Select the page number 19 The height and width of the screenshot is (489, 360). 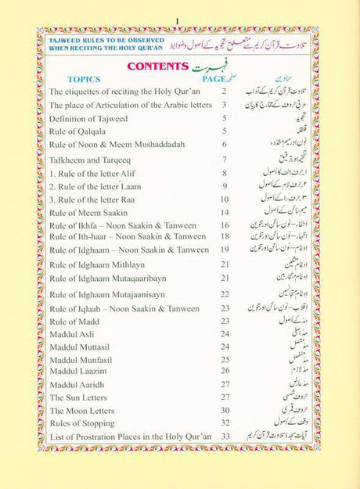tap(225, 250)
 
